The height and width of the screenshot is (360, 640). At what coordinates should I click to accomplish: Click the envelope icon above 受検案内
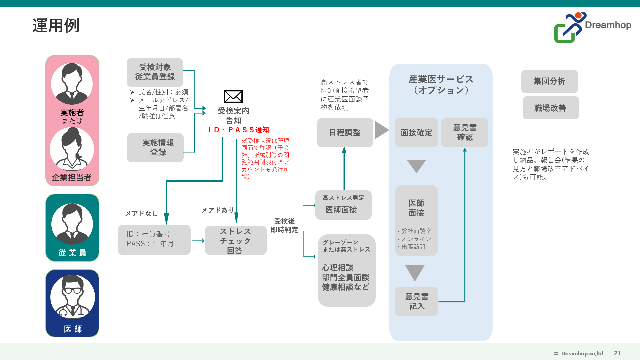pyautogui.click(x=233, y=97)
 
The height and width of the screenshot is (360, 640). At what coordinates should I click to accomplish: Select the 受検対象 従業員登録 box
pyautogui.click(x=155, y=72)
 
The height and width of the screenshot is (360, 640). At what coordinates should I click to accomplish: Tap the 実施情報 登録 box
pyautogui.click(x=155, y=148)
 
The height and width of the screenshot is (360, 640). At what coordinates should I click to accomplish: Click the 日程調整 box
pyautogui.click(x=345, y=133)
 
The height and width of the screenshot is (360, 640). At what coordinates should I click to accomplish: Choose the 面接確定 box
pyautogui.click(x=416, y=133)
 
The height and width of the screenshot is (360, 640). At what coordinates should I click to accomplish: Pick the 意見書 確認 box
pyautogui.click(x=465, y=133)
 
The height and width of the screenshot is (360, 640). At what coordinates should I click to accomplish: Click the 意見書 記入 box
pyautogui.click(x=416, y=302)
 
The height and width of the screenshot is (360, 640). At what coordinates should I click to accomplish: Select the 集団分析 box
pyautogui.click(x=549, y=81)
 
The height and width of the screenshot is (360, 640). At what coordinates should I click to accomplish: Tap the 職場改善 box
pyautogui.click(x=551, y=108)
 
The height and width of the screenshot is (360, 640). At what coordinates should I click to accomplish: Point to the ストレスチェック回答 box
pyautogui.click(x=236, y=240)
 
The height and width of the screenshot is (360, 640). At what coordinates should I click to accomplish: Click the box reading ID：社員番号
pyautogui.click(x=154, y=240)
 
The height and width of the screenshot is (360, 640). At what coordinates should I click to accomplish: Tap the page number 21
pyautogui.click(x=617, y=353)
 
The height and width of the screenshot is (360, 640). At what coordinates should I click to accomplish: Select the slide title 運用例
pyautogui.click(x=56, y=25)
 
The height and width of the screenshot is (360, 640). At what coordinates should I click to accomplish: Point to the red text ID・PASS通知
pyautogui.click(x=239, y=130)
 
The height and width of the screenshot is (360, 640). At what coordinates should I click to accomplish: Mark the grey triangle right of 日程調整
pyautogui.click(x=382, y=130)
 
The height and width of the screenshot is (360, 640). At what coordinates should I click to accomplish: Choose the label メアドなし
pyautogui.click(x=141, y=214)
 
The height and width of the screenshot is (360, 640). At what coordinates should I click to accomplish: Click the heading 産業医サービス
pyautogui.click(x=441, y=79)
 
